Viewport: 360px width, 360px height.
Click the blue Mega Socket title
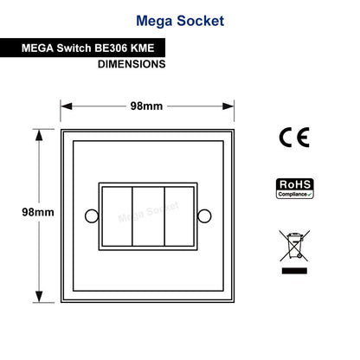(180, 21)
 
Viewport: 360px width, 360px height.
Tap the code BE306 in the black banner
(111, 48)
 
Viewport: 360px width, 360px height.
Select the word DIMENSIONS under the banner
(132, 64)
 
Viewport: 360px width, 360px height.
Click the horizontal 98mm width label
(146, 106)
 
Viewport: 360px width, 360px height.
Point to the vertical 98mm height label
(38, 212)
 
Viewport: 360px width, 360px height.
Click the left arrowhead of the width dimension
(67, 106)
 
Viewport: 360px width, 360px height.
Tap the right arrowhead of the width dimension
(228, 106)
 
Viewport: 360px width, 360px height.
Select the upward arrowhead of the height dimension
(39, 135)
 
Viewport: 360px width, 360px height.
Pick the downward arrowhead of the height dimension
(39, 297)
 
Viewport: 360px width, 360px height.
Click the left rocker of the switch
(117, 216)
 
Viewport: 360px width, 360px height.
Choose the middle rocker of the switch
(148, 216)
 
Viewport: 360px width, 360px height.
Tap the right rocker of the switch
(179, 216)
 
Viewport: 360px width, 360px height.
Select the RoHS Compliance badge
(295, 189)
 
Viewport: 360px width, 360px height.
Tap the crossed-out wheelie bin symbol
(294, 246)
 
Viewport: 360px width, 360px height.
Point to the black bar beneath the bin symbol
(294, 271)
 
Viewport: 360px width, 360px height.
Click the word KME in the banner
(143, 48)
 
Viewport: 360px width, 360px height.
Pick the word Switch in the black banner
(74, 48)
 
